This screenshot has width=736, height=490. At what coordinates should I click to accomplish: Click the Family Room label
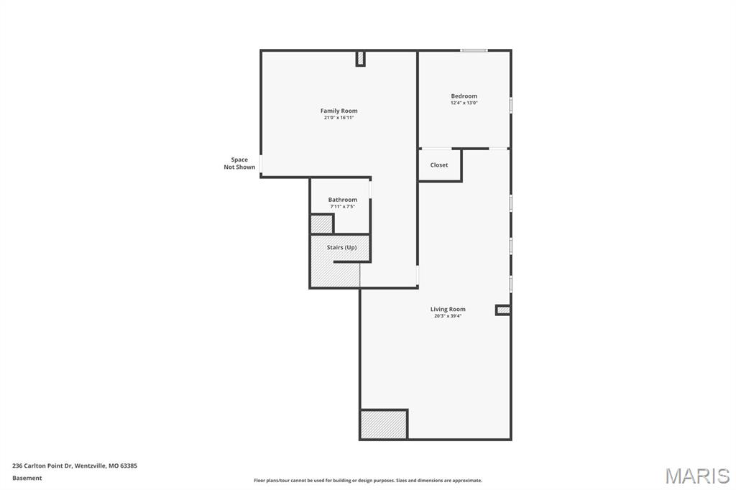(x=339, y=111)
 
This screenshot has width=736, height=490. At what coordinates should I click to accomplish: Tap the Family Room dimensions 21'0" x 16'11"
(x=339, y=118)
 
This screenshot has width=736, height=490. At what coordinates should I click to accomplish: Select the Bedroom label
(x=464, y=96)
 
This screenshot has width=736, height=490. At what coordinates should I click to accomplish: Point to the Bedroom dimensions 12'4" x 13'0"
(x=464, y=103)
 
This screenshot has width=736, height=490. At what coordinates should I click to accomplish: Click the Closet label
(x=439, y=165)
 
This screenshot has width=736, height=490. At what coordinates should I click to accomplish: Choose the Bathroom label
(x=342, y=199)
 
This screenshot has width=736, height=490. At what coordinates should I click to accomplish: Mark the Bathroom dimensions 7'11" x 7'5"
(x=342, y=207)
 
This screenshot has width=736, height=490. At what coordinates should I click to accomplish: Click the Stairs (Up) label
(x=341, y=247)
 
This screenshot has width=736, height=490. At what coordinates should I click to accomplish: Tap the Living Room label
(x=448, y=309)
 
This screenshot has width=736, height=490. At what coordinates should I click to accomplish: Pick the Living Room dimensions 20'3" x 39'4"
(x=448, y=316)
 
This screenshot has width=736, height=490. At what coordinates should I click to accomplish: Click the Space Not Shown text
(x=239, y=163)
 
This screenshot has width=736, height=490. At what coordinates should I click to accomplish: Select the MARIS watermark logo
(x=697, y=476)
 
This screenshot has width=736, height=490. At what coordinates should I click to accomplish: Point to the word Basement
(x=27, y=478)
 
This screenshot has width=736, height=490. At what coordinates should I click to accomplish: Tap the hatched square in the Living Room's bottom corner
(x=384, y=424)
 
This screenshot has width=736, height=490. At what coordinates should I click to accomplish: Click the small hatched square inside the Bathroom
(x=321, y=224)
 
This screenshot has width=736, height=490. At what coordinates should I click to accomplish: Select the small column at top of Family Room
(x=360, y=58)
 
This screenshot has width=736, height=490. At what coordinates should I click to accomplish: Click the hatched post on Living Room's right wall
(x=503, y=310)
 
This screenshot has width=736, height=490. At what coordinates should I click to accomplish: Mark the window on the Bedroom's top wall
(x=474, y=50)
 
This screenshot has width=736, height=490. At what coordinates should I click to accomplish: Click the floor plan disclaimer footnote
(x=367, y=481)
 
